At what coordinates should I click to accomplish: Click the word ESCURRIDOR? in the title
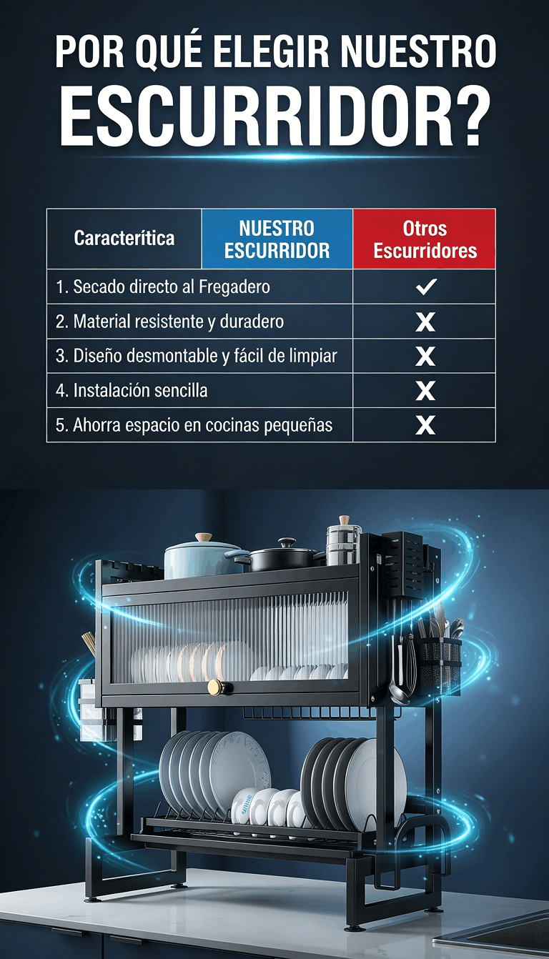tap(274, 118)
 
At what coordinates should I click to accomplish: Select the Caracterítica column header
tap(124, 238)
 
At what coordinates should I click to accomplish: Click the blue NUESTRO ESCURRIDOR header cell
tap(277, 239)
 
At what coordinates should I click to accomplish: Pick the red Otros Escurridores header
tap(425, 239)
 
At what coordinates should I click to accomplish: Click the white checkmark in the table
tap(426, 287)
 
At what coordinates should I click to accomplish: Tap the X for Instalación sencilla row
tap(425, 390)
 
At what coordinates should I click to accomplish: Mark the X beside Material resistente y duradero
tap(425, 322)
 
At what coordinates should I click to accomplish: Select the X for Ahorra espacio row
tap(425, 425)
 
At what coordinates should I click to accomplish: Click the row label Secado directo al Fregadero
tap(163, 287)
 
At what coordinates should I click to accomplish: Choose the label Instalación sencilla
tap(132, 390)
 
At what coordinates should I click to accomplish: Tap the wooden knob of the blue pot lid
tap(204, 537)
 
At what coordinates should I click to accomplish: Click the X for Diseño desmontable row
tap(425, 356)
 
